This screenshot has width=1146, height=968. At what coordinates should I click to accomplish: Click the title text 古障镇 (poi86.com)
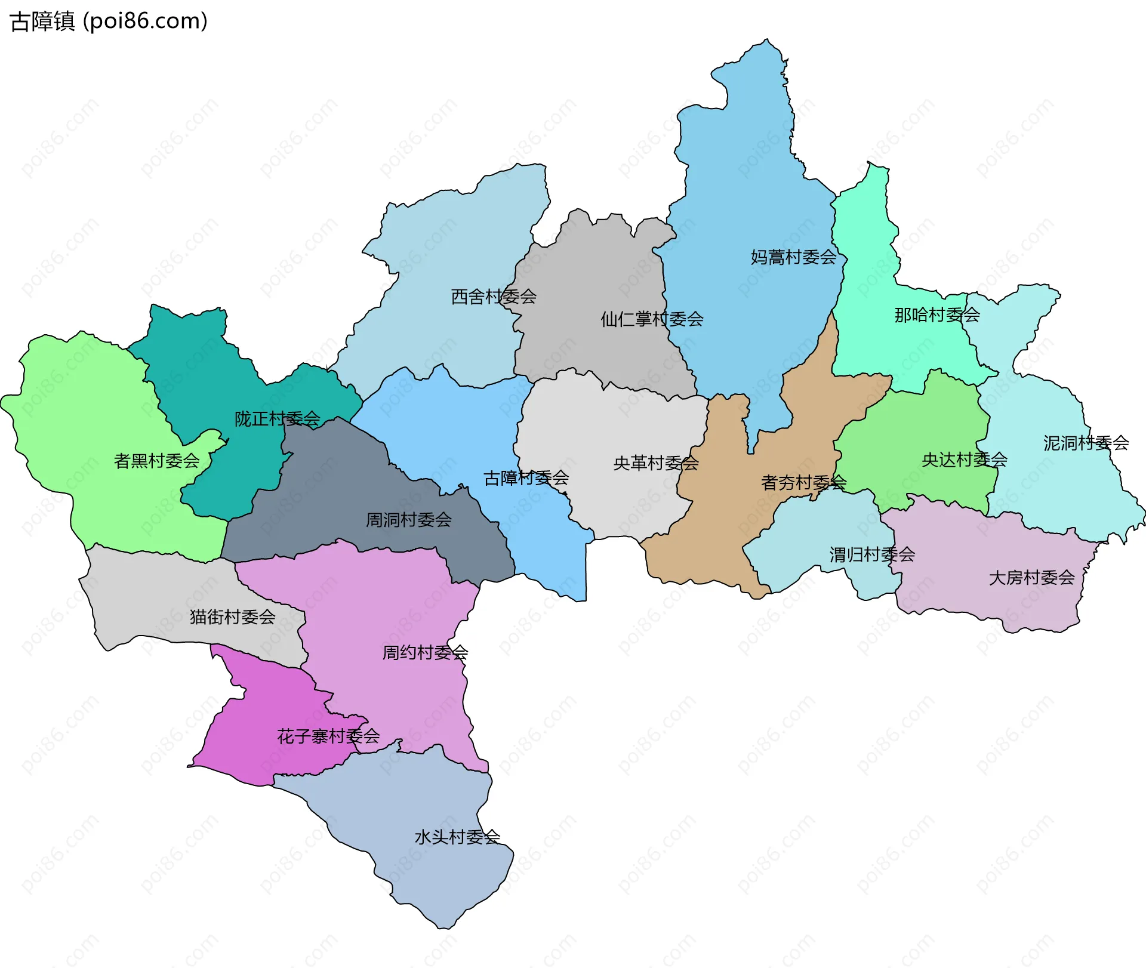(109, 21)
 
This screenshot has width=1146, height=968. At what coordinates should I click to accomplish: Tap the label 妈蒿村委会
(793, 257)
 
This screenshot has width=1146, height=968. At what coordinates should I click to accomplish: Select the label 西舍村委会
(494, 297)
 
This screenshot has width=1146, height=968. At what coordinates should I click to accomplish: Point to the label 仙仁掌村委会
(652, 319)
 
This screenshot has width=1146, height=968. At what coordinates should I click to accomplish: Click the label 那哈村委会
(937, 315)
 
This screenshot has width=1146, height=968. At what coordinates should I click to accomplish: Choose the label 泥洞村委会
(1086, 443)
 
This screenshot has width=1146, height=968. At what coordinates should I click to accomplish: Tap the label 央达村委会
(965, 460)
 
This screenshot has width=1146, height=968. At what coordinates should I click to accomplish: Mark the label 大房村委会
(1031, 578)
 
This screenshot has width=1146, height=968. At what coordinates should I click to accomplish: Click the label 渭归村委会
(872, 554)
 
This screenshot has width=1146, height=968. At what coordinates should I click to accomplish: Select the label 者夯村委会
(803, 482)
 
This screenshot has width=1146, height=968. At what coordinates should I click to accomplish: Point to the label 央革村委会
(656, 463)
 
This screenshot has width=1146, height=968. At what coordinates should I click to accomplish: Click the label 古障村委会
(526, 478)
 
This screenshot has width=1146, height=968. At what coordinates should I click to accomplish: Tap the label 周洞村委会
(408, 520)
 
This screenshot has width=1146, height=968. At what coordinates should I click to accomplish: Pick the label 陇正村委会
(277, 419)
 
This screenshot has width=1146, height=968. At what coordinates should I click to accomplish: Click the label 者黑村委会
(156, 461)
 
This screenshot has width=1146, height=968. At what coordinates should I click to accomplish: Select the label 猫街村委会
(232, 616)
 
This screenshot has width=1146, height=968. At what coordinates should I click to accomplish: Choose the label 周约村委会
(425, 652)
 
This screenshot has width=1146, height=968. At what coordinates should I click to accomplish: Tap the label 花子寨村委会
(328, 736)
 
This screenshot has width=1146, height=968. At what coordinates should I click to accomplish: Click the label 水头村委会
(457, 837)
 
